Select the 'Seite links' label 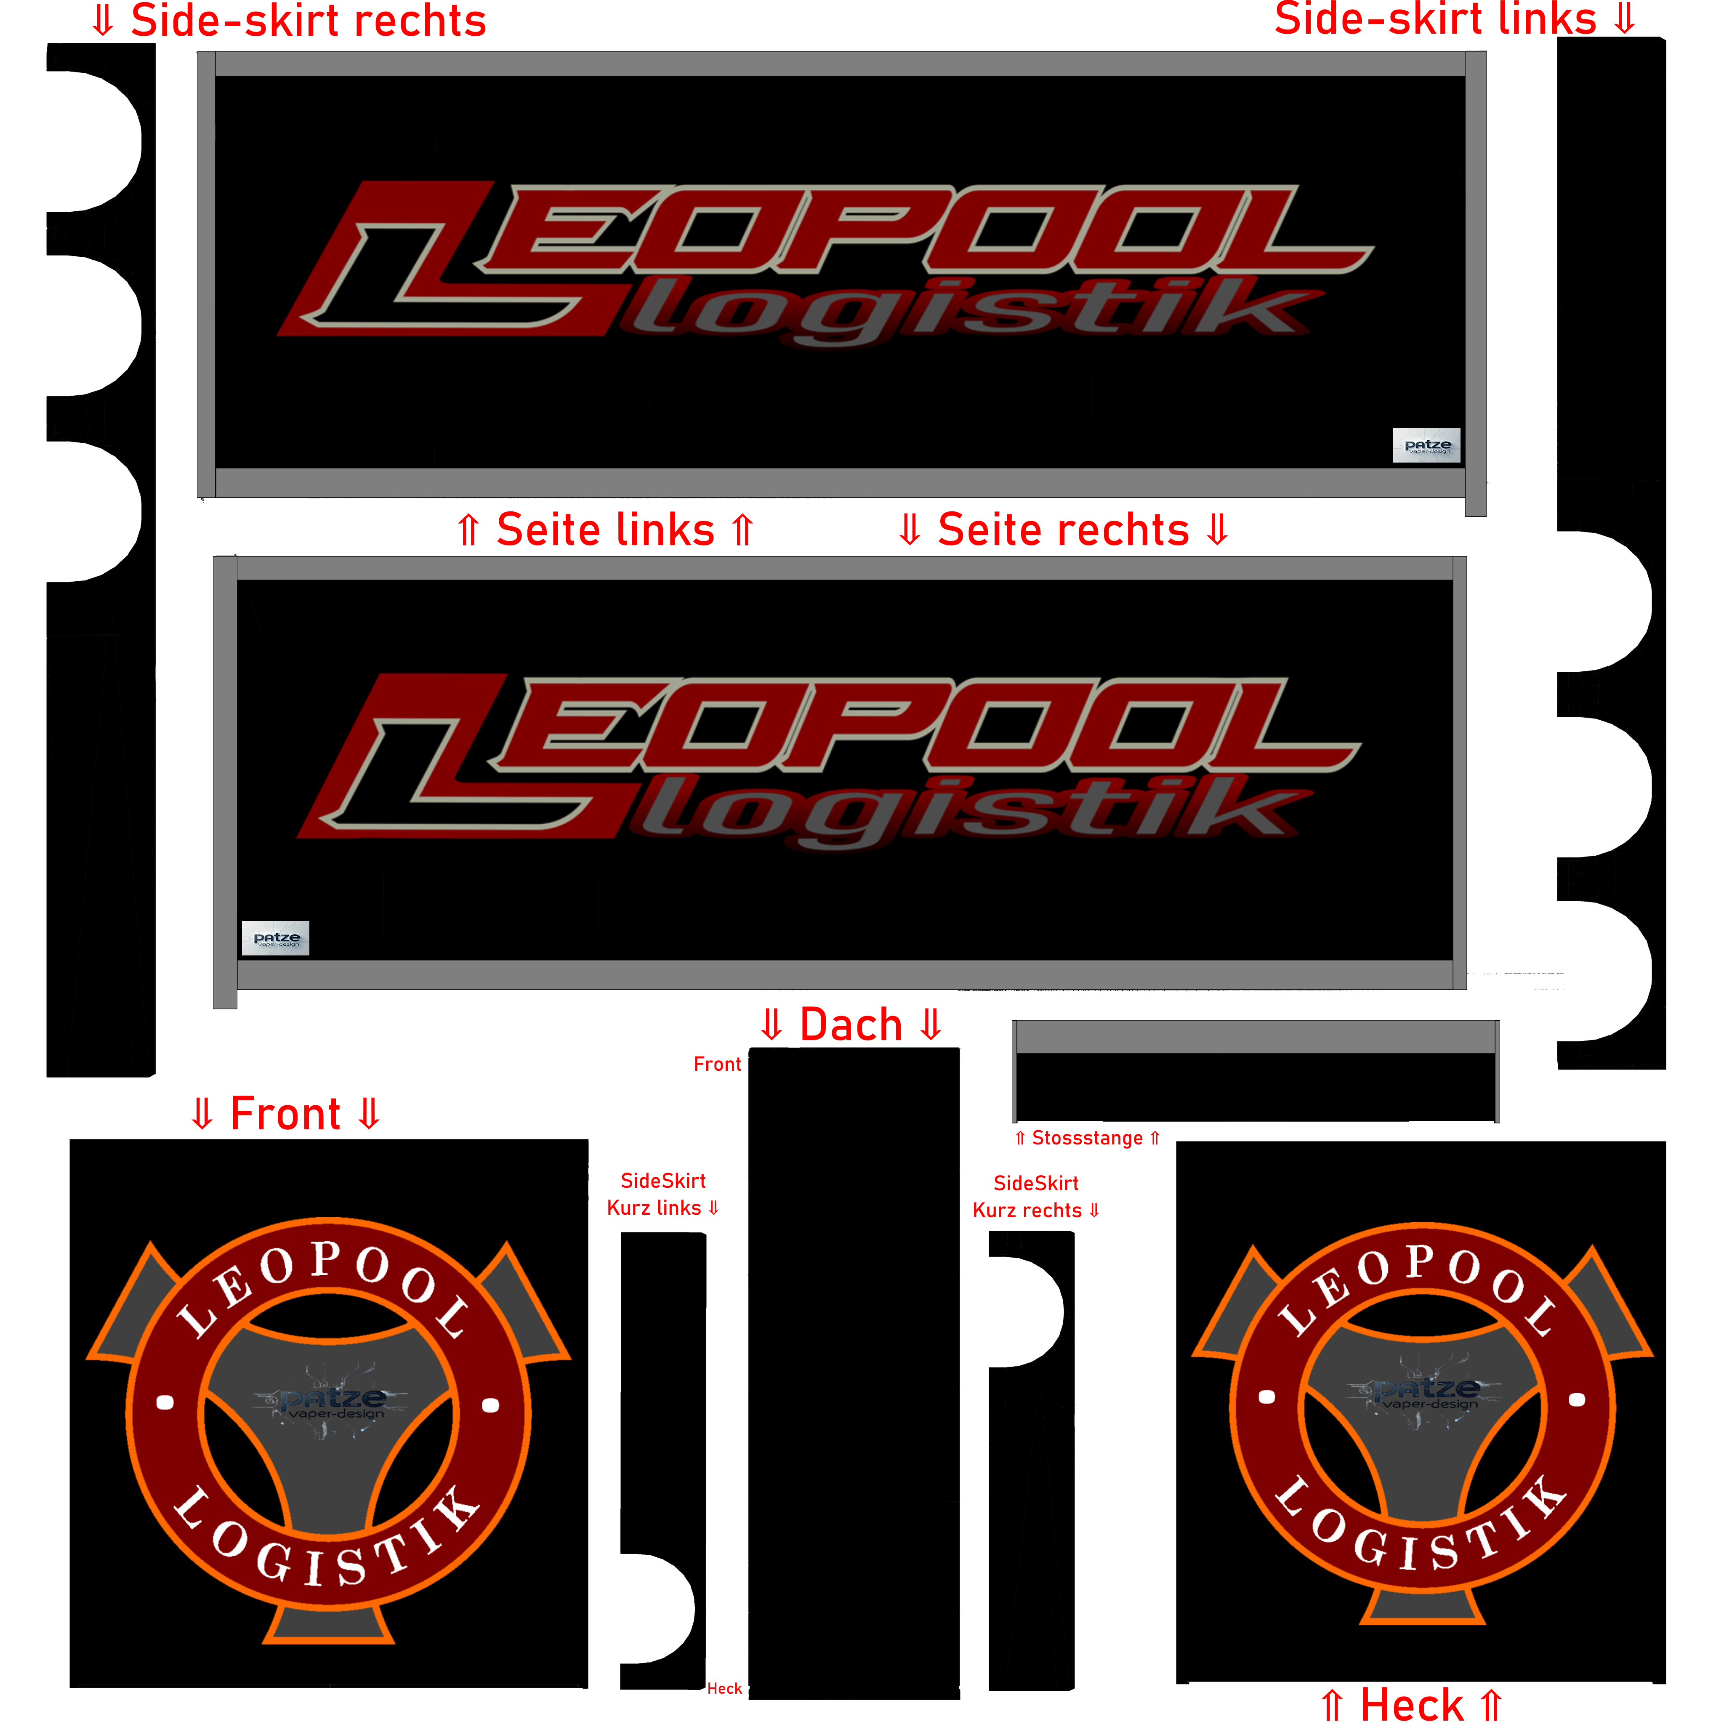(x=605, y=530)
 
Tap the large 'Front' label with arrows (x=285, y=1114)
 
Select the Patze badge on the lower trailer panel (x=276, y=938)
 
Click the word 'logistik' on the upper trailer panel (x=964, y=312)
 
